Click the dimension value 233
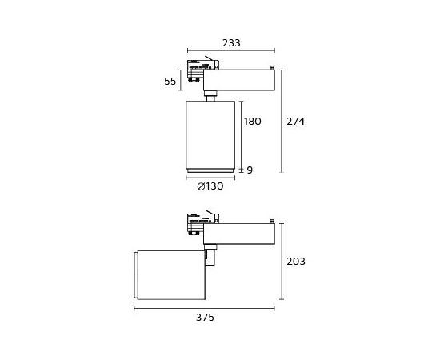tap(231, 43)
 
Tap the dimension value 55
tap(170, 82)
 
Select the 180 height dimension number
tap(253, 122)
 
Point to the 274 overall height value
tap(295, 122)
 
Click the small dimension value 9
tap(250, 170)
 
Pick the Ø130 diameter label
tap(210, 186)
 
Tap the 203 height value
tap(296, 262)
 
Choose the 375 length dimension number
tap(205, 318)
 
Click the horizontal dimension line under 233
tap(231, 50)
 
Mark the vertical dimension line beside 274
tap(282, 121)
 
